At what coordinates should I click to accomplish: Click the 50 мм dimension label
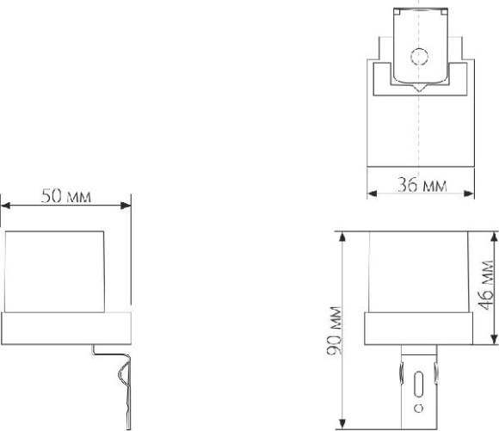coord(66,196)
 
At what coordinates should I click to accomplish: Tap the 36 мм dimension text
coord(422,185)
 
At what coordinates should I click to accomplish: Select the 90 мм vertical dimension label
coord(335,330)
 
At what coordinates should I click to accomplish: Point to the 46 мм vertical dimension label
coord(487,286)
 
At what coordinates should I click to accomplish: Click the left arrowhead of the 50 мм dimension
coord(5,206)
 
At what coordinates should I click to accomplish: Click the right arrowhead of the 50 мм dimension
coord(126,206)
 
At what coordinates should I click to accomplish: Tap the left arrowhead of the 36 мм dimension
coord(372,194)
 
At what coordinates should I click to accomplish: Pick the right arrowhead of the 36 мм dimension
coord(470,194)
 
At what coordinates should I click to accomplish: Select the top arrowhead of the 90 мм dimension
coord(342,237)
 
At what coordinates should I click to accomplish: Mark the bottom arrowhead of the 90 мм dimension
coord(342,424)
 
